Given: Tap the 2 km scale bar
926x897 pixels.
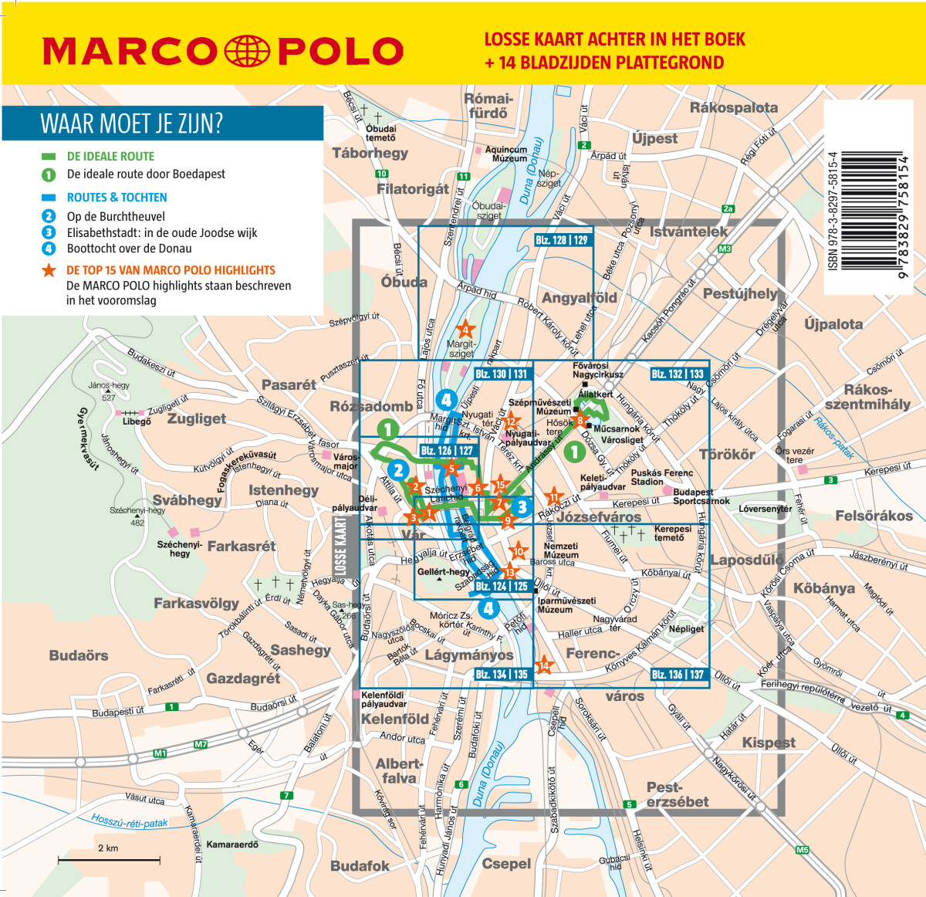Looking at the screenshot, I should (x=109, y=858).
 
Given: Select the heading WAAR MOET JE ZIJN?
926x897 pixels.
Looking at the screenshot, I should (x=131, y=124).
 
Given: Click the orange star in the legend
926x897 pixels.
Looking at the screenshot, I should (x=49, y=270).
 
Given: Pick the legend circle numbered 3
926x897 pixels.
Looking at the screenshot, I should (x=49, y=232).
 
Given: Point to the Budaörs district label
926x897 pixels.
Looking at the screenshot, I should (x=79, y=655).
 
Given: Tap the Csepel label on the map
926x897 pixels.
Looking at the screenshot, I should (x=506, y=863).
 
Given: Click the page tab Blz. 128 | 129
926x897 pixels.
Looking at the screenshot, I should (x=562, y=240).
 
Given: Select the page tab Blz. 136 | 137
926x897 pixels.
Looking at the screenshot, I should (x=678, y=674).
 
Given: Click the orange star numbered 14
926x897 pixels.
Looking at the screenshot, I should (x=544, y=665).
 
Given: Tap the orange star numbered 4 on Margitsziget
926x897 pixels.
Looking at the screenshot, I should (x=465, y=330).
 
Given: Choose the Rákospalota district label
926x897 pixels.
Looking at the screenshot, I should (x=733, y=107).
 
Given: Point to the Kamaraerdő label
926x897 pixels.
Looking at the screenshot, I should (x=232, y=844).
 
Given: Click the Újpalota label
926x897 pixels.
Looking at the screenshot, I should (x=833, y=323).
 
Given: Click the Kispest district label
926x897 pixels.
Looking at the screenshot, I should (x=768, y=742).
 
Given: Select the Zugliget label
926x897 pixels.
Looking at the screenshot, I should (x=197, y=418).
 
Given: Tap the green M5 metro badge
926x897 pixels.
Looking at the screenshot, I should (x=803, y=850).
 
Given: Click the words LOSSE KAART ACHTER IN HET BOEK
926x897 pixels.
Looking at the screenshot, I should (x=614, y=39).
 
